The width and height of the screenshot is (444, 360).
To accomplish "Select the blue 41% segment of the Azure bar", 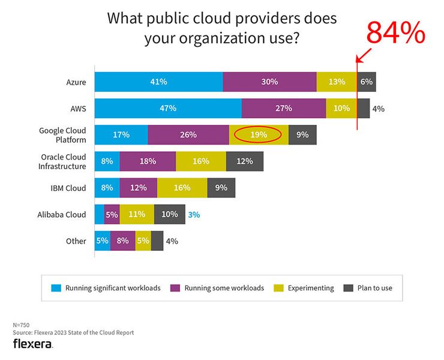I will pos(158,82).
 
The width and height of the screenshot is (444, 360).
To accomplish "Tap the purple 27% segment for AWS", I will pos(284,109).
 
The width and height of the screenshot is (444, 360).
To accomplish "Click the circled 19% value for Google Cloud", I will pos(258,135).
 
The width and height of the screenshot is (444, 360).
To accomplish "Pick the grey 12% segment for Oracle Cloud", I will pos(244,161).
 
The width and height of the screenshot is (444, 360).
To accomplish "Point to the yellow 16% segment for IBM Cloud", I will pos(182,188).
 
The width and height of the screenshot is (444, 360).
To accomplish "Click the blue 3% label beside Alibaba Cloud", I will pos(193,214).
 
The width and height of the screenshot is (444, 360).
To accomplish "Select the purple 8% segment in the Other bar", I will pos(122,241).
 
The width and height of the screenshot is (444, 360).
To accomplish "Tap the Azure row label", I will pos(76,82).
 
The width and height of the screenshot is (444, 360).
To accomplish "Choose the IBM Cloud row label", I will pos(68,188).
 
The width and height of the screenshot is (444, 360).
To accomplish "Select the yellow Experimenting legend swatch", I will pos(278,288).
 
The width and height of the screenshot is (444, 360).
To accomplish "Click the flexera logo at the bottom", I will pos(33,344).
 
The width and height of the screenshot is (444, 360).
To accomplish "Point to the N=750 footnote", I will pos(21,325).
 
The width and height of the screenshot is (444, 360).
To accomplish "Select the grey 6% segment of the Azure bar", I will pos(367,82).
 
